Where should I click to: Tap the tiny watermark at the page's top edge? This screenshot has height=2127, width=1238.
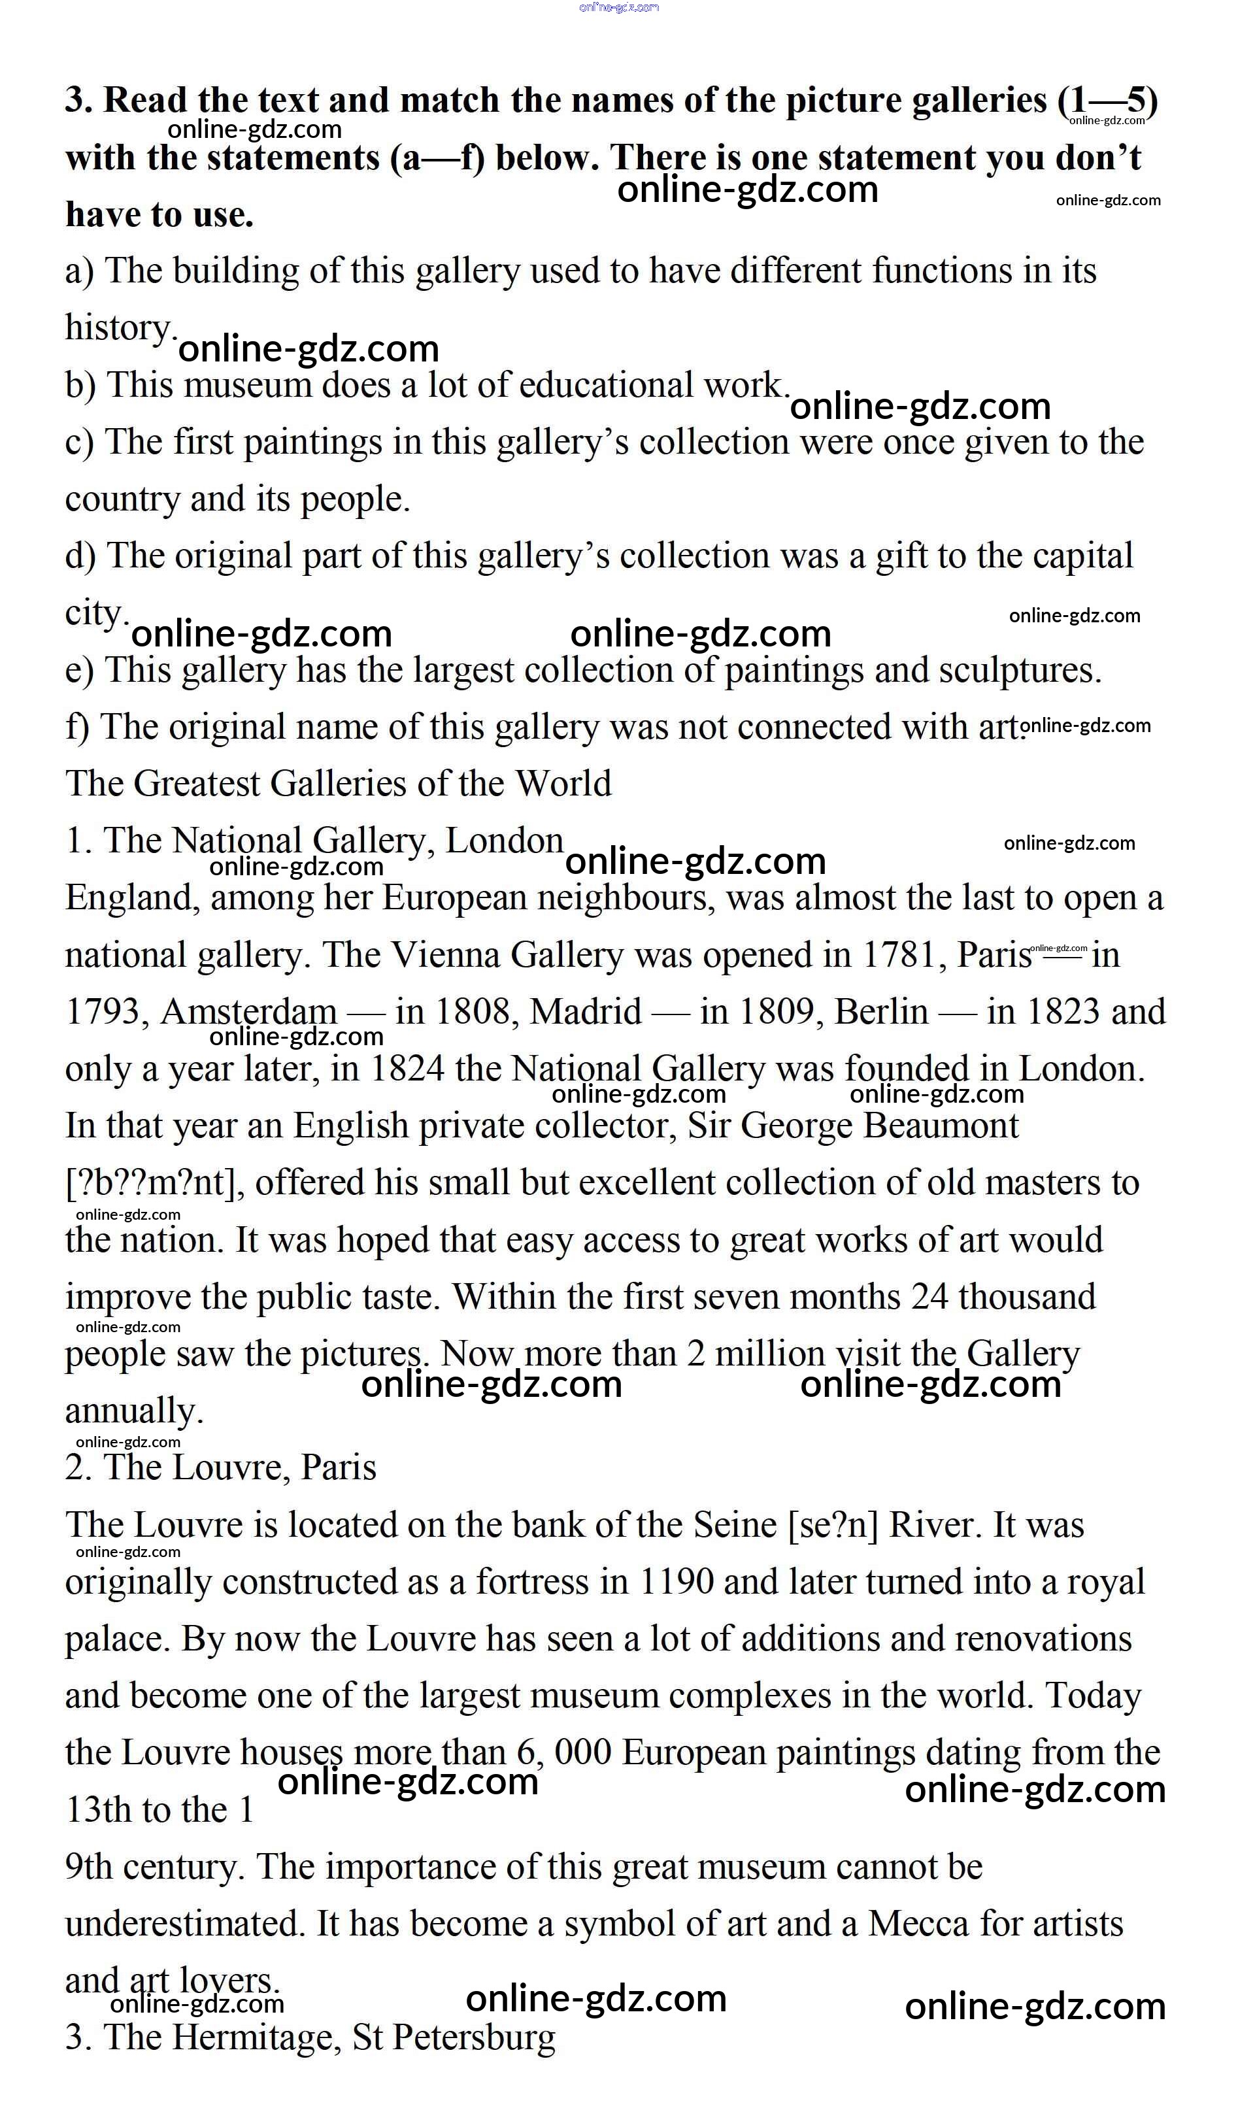pos(618,8)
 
